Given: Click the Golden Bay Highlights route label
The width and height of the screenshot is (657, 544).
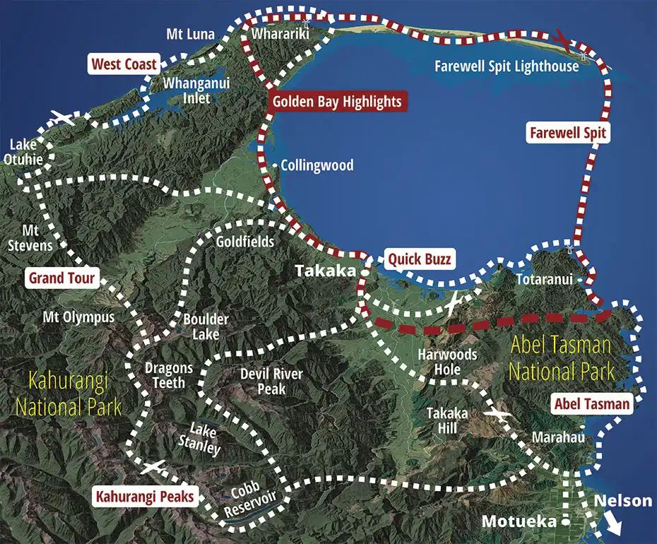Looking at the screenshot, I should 338,102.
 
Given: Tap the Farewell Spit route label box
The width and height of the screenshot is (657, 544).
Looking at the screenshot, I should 568,132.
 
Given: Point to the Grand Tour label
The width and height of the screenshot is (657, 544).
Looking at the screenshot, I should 61,278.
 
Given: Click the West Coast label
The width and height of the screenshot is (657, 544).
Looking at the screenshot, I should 124,64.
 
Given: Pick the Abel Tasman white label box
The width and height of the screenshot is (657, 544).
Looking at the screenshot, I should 591,404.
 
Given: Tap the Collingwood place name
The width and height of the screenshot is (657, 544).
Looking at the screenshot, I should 316,165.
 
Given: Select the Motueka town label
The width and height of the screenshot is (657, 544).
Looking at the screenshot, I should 517,521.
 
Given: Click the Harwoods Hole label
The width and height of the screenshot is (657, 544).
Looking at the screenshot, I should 448,362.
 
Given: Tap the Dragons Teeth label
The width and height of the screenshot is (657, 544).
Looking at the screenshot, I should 169,375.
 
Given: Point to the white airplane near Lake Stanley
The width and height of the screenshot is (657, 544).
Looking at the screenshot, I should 153,467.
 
